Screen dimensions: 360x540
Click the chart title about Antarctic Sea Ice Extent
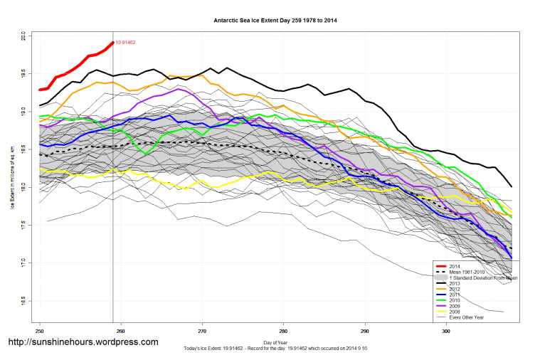pyautogui.click(x=275, y=21)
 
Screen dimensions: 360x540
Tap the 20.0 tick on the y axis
pyautogui.click(x=23, y=34)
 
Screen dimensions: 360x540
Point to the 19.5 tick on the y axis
pyautogui.click(x=23, y=73)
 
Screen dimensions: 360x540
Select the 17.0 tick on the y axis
pyautogui.click(x=23, y=263)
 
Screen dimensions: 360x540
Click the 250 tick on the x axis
pyautogui.click(x=40, y=331)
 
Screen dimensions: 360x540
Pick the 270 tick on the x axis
pyautogui.click(x=202, y=331)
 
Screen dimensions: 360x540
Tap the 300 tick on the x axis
pyautogui.click(x=446, y=331)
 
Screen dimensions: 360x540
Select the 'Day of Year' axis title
pyautogui.click(x=275, y=343)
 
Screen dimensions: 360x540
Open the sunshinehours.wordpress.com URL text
pyautogui.click(x=83, y=342)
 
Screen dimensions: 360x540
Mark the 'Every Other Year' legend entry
pyautogui.click(x=466, y=317)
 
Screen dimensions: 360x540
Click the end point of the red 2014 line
pyautogui.click(x=113, y=43)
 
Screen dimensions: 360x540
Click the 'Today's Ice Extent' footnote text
pyautogui.click(x=275, y=350)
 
